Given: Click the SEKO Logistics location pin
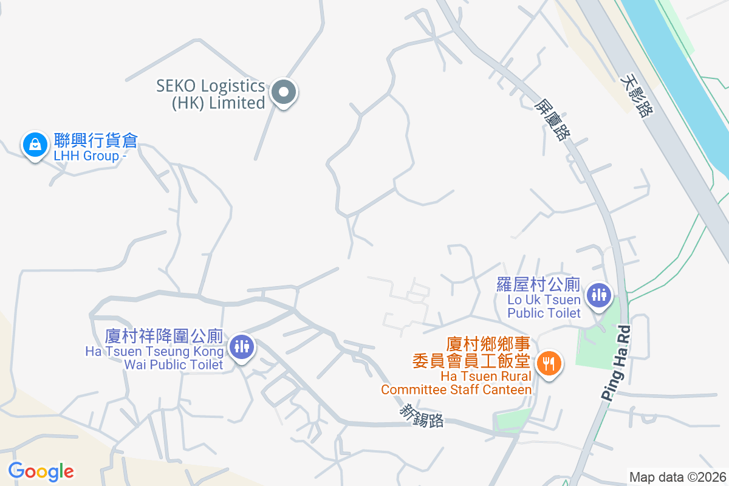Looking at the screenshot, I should point(283,94).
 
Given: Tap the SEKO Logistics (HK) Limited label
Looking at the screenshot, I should point(211,94).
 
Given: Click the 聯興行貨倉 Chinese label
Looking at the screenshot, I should point(96,141).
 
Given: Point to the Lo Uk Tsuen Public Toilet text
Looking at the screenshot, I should point(544,306).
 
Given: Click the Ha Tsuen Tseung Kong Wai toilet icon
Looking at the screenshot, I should point(242,347).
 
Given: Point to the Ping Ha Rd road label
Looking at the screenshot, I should point(617,363).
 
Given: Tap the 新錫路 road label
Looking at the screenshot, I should point(421,416).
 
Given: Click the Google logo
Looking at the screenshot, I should point(41,471).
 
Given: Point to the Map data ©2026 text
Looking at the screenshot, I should point(677,477).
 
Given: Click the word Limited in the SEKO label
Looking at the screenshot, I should point(237,103).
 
